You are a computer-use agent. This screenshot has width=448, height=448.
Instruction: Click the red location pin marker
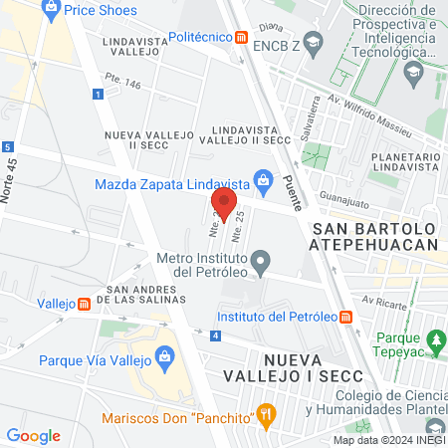tap(224, 206)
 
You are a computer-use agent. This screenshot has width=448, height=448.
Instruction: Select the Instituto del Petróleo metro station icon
tap(345, 318)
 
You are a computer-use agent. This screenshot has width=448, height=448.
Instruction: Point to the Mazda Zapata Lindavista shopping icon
tap(263, 181)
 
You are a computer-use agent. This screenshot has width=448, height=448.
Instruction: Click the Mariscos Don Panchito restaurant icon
tap(265, 413)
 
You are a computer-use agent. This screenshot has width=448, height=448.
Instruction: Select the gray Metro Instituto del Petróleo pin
tap(261, 264)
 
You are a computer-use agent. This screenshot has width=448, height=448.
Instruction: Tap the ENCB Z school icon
tap(315, 42)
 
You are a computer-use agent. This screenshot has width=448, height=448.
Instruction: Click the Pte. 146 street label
tap(119, 87)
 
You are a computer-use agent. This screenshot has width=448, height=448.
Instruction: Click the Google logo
tap(34, 436)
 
